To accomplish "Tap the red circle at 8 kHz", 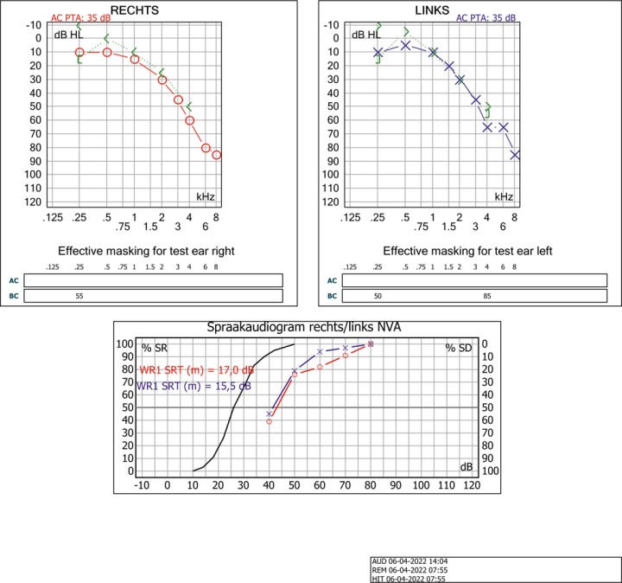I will click(x=217, y=155).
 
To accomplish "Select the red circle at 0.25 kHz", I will click(x=79, y=52).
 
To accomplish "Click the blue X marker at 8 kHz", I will click(x=515, y=155).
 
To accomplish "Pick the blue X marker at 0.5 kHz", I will click(x=405, y=44).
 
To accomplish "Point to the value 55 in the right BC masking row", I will click(x=80, y=296).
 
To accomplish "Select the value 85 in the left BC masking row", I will click(x=487, y=296).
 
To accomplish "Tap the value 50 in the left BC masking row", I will click(x=378, y=296).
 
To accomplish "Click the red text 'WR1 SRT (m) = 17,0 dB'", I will click(x=197, y=368).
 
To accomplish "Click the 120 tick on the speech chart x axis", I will click(x=472, y=486).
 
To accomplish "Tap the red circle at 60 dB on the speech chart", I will click(x=320, y=367).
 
